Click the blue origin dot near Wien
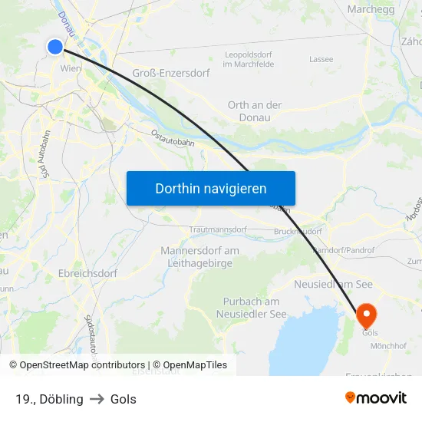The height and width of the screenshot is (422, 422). tap(55, 47)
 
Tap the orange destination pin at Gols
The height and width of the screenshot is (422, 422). tap(366, 315)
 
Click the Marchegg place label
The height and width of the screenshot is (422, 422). tap(371, 9)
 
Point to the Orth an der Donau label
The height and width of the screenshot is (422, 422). tap(255, 111)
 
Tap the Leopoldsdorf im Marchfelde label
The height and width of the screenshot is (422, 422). tap(248, 59)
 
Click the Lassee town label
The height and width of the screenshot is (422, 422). tap(321, 59)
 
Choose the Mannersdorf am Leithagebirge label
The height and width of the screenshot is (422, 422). tap(199, 257)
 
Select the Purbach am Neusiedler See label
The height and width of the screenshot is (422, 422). tap(251, 308)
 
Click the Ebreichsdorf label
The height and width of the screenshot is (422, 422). tap(76, 272)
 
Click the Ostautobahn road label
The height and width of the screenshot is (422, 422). tap(173, 138)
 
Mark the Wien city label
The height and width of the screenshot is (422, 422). tap(71, 68)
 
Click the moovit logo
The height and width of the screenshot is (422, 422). tap(375, 398)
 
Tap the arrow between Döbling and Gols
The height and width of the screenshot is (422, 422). tap(97, 399)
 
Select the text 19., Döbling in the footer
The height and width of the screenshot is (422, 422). tap(49, 399)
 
